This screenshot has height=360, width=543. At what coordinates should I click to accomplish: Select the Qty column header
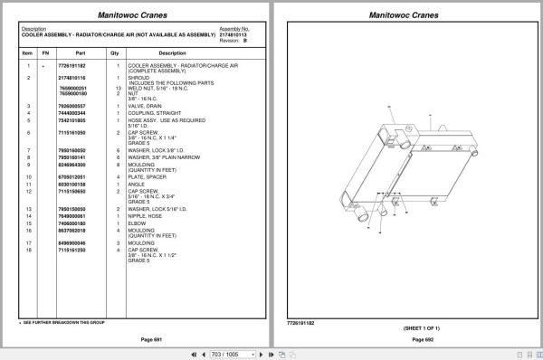(115, 53)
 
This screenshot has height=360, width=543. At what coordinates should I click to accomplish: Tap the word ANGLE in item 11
(137, 185)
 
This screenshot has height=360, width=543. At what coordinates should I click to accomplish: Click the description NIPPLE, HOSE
(145, 216)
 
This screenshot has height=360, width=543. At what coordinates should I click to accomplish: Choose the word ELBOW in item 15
(137, 223)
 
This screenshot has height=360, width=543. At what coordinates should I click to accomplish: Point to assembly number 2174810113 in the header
(235, 33)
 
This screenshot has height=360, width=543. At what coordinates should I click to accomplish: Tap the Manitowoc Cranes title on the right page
(405, 14)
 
